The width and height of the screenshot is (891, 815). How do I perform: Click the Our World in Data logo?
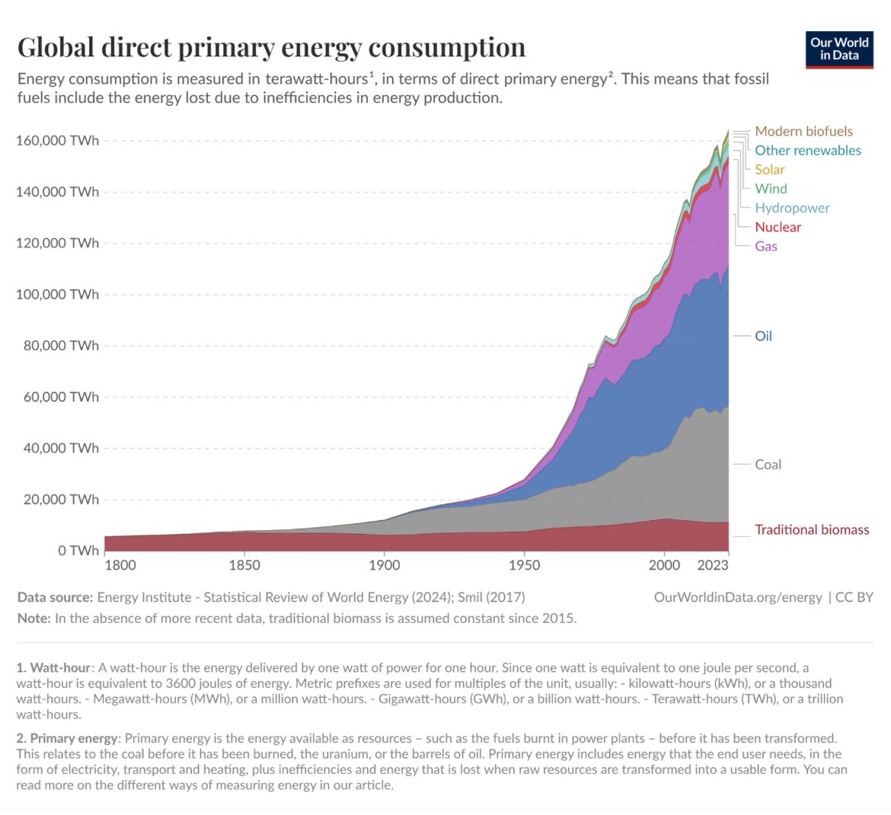coord(839,48)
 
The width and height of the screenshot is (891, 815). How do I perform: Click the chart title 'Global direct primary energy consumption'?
coord(271,47)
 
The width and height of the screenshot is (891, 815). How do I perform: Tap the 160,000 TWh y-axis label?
coord(57,141)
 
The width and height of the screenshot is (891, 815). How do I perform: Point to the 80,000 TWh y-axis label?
coord(57,346)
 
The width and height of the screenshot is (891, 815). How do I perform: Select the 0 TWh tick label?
coord(78,551)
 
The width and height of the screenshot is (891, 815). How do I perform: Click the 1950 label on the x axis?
coord(524,565)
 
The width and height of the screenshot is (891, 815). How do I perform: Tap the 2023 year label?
coord(712,565)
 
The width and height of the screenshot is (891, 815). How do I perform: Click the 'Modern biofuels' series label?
coord(803,131)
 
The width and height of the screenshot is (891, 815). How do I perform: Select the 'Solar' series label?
coord(769,169)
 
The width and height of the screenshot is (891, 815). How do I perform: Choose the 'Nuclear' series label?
coord(778,227)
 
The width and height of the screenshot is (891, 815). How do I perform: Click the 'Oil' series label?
coord(763,336)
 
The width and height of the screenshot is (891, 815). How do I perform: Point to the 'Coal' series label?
coord(768,465)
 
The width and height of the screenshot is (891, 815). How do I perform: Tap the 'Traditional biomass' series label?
coord(812,529)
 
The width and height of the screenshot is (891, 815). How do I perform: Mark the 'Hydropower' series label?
coord(792,208)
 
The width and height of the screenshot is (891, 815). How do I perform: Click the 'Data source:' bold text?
coord(56,597)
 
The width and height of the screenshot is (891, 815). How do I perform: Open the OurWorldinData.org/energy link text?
coord(738,597)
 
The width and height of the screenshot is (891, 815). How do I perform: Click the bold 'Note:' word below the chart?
coord(34,618)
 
